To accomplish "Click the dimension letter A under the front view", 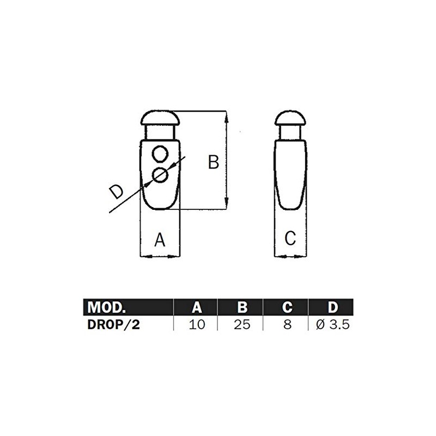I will click(159, 239).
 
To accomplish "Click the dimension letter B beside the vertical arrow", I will click(214, 162).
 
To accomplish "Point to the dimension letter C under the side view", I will click(290, 238).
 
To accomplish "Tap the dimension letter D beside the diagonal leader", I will click(116, 191).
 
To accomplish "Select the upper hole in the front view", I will click(160, 155).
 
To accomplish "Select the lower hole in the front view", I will click(160, 175).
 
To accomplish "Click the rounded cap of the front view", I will click(160, 118).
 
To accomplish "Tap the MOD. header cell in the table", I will click(107, 307).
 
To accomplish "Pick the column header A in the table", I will click(196, 307).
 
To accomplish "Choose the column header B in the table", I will click(242, 307).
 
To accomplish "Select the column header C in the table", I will click(287, 307).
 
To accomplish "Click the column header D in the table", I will click(332, 307).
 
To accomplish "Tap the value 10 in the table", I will click(196, 325).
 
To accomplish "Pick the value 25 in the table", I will click(242, 325).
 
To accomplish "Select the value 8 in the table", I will click(287, 325).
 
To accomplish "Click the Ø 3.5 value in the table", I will click(332, 325).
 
